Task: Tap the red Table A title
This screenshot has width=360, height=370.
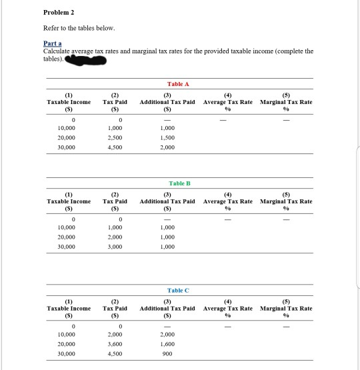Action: (179, 84)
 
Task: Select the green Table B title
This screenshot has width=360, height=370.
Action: (179, 183)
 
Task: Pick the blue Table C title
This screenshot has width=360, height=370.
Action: (179, 291)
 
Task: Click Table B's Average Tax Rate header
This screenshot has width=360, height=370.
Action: (228, 201)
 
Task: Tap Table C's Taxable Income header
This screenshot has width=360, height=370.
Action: (69, 309)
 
